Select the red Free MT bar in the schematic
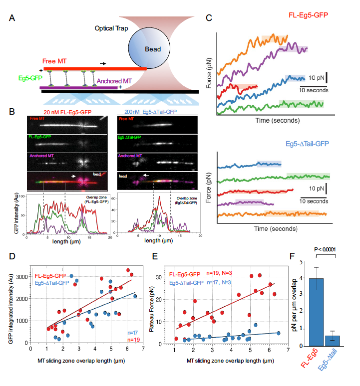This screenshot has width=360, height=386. click(95, 68)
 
